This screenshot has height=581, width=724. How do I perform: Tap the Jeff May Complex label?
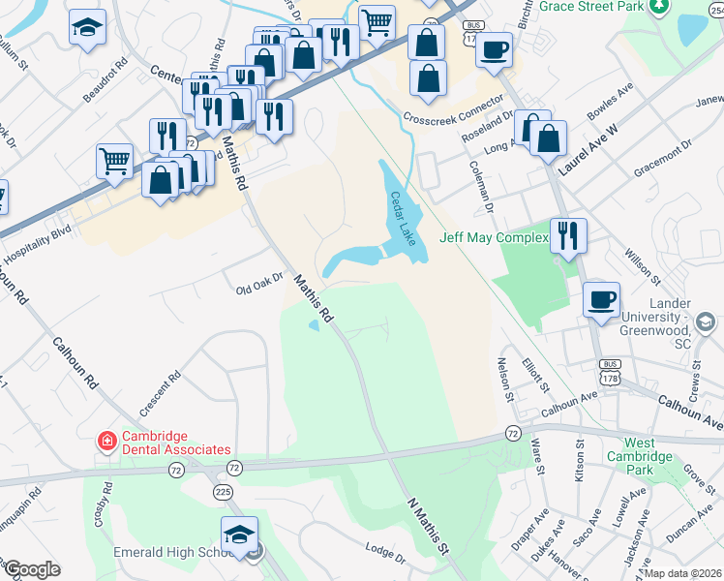[x=494, y=236]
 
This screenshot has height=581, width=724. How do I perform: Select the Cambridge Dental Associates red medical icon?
[x=106, y=442]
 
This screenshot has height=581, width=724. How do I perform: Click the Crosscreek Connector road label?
[x=454, y=109]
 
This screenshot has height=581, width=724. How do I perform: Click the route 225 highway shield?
[x=224, y=492]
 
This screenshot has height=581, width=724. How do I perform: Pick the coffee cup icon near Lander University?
[x=601, y=299]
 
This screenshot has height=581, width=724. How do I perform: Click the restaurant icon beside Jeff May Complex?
[x=568, y=236]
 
